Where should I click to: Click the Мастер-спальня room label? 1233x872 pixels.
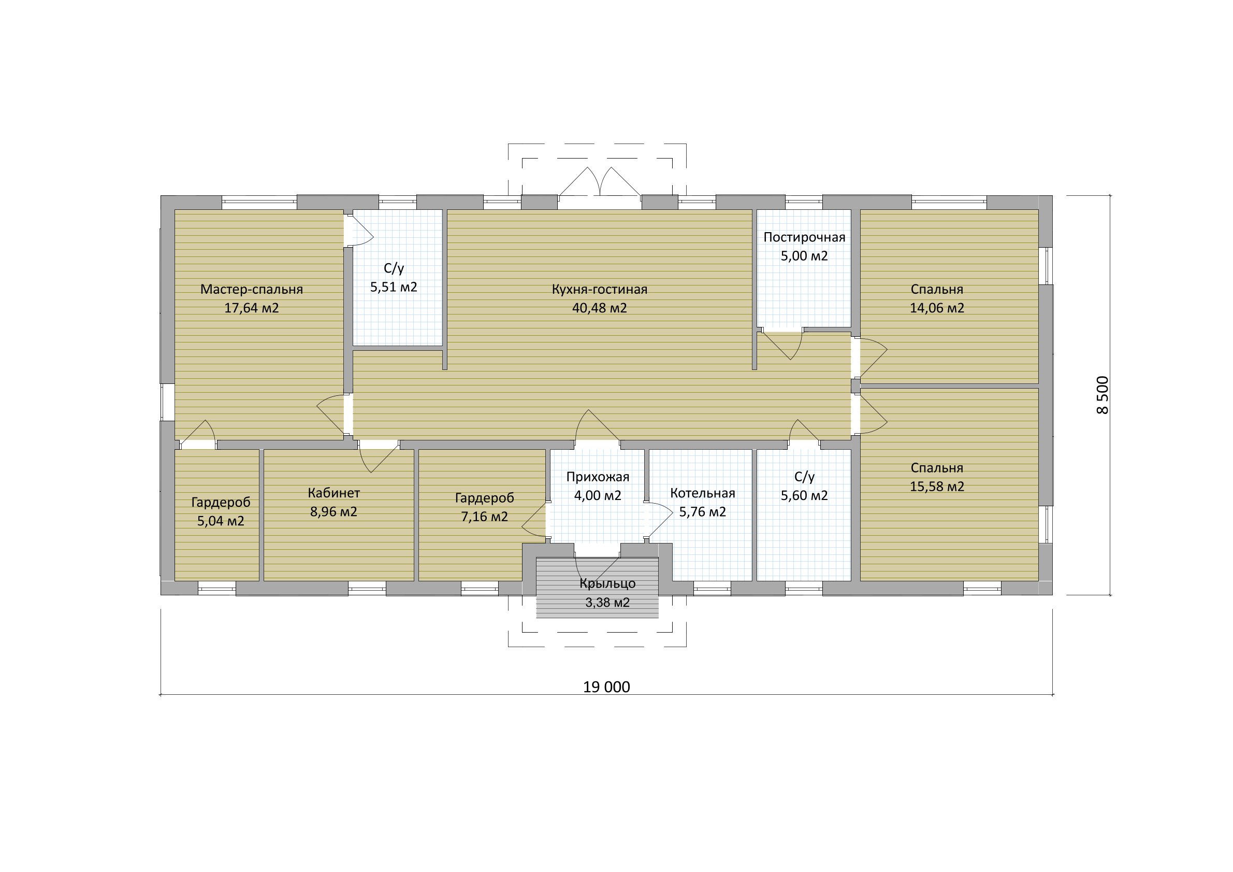point(251,290)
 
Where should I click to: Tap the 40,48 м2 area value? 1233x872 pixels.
point(599,308)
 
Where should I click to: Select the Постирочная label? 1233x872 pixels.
point(804,237)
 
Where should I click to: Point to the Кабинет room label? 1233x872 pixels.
point(333,493)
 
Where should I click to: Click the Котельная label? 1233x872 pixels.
point(702,493)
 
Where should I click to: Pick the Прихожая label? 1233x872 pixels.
point(597,477)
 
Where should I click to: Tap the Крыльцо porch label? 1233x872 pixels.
point(607,583)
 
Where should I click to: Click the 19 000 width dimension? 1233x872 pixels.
point(606,687)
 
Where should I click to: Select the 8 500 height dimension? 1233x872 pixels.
point(1101,395)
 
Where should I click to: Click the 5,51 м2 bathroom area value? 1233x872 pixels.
point(393,288)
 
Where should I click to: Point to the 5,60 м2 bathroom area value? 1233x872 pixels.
point(804,496)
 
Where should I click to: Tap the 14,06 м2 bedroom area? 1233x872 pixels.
point(937,308)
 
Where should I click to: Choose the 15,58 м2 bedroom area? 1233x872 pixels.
point(937,487)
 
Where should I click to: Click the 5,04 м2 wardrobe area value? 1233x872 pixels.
point(220,521)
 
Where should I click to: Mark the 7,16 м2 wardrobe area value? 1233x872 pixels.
point(484,517)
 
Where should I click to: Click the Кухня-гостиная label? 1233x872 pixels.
point(599,290)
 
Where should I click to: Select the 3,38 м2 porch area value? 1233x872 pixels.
point(607,603)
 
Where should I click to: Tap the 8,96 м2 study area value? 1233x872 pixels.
point(333,511)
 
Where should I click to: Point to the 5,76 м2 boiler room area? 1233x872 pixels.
point(702,512)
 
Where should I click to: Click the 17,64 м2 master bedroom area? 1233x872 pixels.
point(251,308)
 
